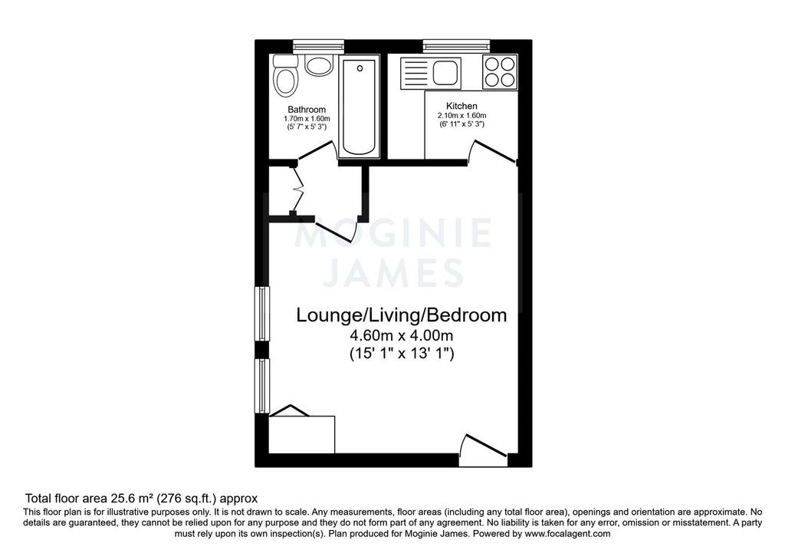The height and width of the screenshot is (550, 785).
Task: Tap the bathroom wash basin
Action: click(x=320, y=66)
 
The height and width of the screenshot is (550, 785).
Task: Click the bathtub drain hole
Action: click(x=360, y=68)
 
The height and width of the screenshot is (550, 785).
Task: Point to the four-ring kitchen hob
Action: click(x=500, y=72)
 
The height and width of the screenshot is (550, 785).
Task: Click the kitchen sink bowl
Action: click(x=446, y=72)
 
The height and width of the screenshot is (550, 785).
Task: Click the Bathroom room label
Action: click(x=307, y=109)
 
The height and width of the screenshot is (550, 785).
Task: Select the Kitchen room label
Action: click(x=461, y=106)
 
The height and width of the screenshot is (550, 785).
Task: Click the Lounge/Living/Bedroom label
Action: click(x=402, y=315)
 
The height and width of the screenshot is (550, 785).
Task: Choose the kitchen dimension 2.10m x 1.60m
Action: click(x=461, y=116)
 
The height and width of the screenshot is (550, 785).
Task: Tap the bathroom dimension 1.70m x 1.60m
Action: click(x=307, y=119)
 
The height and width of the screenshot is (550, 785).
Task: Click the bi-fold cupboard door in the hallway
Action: click(x=298, y=189)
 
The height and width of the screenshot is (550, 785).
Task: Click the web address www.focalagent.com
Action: click(x=567, y=533)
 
